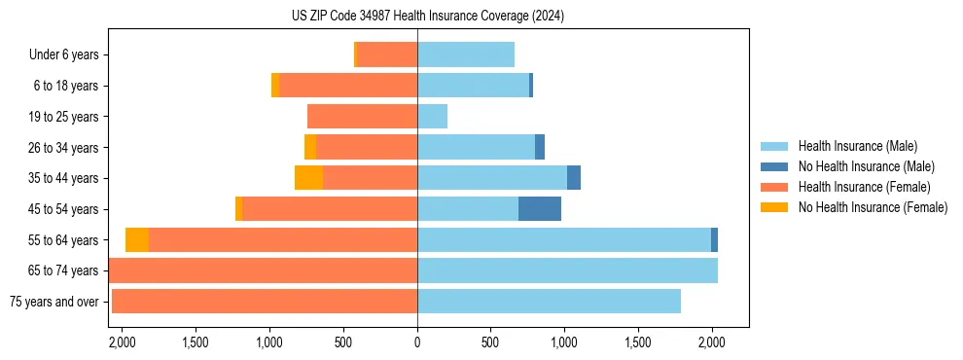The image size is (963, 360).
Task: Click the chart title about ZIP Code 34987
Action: (427, 16)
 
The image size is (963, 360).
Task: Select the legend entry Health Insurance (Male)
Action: (857, 146)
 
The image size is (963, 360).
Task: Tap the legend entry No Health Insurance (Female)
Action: (873, 207)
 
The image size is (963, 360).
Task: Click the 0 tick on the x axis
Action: (417, 342)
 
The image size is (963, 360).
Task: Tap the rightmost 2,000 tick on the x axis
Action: (712, 342)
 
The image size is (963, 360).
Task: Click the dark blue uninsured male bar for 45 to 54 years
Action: (540, 209)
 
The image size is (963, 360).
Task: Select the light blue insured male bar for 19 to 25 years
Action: (432, 117)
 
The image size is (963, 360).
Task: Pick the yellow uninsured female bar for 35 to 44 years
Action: (308, 178)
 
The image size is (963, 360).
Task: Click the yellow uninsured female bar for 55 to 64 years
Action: (137, 240)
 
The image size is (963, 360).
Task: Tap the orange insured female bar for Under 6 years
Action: (387, 55)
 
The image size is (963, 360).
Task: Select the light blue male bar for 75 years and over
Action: (549, 302)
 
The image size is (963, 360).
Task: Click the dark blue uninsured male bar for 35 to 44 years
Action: (574, 178)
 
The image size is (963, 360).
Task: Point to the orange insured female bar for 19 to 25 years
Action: (362, 117)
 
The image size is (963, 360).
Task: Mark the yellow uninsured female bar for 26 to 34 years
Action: (310, 148)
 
